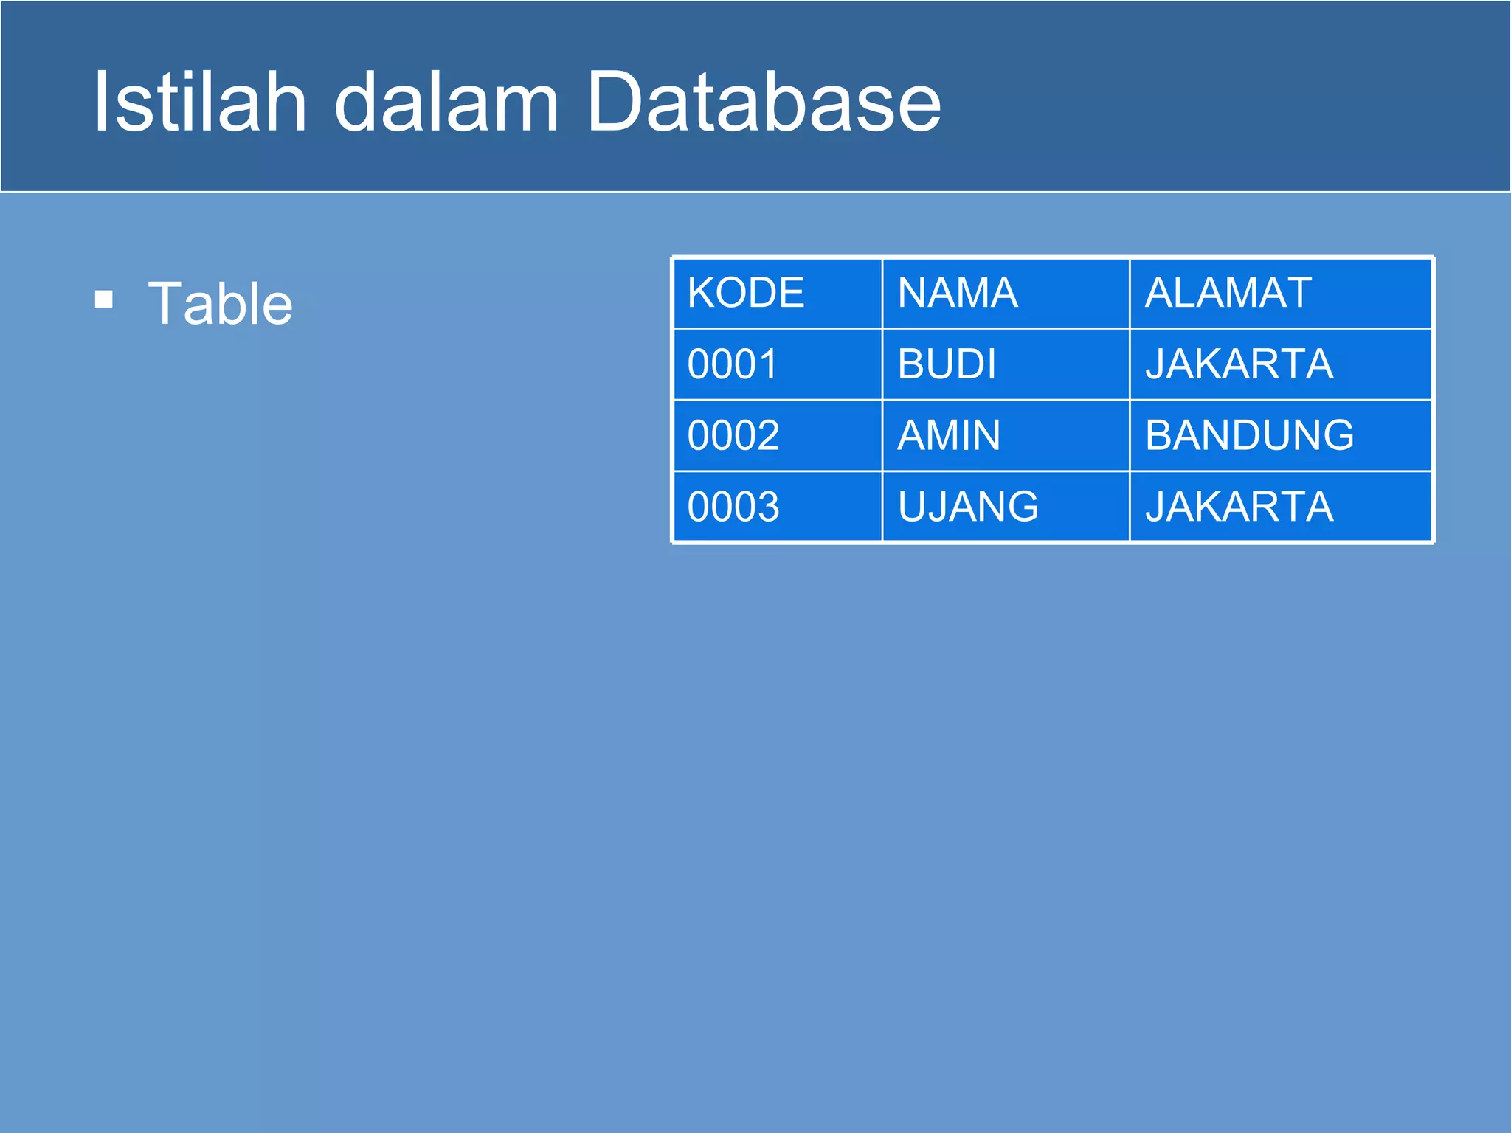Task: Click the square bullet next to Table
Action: coord(104,299)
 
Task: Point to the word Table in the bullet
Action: coord(220,303)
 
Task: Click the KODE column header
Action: coord(745,293)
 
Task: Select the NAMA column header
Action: coord(957,293)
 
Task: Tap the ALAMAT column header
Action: coord(1228,293)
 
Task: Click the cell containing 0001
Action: coord(733,364)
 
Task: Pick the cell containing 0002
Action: coord(733,435)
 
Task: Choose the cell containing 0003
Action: coord(733,507)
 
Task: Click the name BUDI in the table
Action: coord(947,364)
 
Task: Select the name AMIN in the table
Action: coord(949,435)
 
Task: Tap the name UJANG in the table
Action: coord(968,507)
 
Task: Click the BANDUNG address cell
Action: coord(1249,435)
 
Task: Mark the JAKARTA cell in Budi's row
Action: coord(1239,364)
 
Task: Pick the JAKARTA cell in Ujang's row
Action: coord(1239,507)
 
